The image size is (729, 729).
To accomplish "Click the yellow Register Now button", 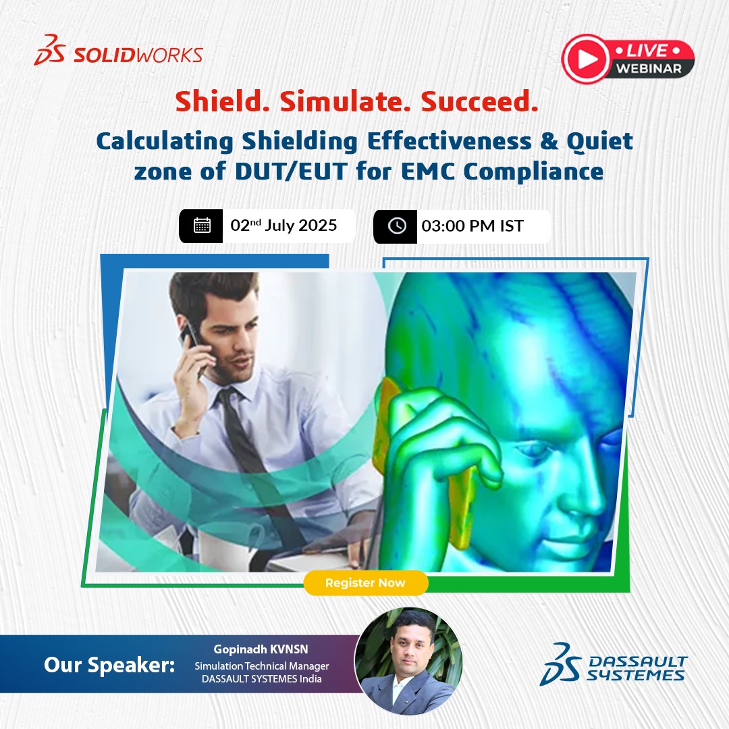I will pos(365,583).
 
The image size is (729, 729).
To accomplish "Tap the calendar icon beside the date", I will pos(202,225).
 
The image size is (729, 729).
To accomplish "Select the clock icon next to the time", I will pos(396,225).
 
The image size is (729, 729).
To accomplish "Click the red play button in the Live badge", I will pos(587,59).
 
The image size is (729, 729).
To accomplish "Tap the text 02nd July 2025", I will pos(283,225).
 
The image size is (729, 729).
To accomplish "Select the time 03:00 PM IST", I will pos(473,225).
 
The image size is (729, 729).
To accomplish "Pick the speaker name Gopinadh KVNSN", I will pos(262,649).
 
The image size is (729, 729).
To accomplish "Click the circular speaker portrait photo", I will pos(409,661).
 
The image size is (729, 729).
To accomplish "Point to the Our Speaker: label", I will pos(109,664).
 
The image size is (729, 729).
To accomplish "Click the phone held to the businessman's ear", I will pos(192,341).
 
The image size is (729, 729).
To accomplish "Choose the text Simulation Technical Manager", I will pos(262,666).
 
